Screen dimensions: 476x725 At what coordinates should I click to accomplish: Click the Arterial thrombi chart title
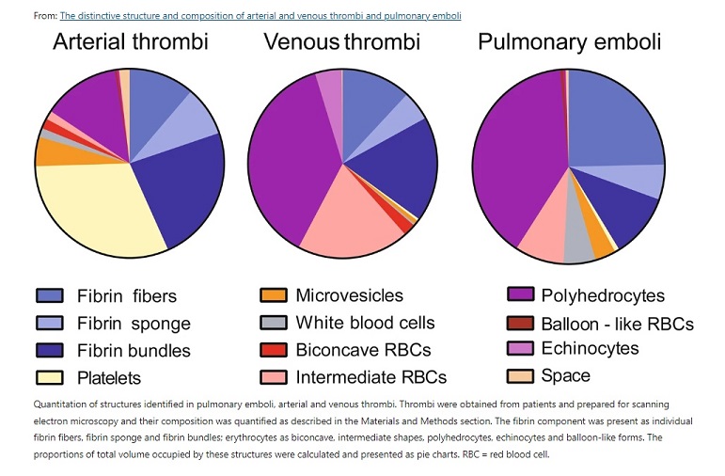coord(130,42)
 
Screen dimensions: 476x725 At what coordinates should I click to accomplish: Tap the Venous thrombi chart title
coord(341,42)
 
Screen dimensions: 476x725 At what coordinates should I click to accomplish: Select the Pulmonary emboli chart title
coord(569,42)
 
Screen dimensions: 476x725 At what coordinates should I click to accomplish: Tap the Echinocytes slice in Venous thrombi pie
coord(329,85)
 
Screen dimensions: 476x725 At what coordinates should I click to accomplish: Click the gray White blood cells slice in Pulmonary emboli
coord(577,243)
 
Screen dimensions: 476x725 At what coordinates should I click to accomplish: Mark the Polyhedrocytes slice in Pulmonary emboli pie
coord(517,160)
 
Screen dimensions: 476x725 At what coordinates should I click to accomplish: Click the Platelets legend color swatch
coord(49,377)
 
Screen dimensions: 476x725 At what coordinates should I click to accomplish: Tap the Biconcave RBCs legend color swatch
coord(274,350)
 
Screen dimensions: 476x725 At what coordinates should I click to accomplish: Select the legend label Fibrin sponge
coord(134,324)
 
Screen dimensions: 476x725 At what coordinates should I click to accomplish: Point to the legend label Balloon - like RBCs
coord(617,324)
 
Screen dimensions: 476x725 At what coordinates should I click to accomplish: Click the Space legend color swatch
coord(520,376)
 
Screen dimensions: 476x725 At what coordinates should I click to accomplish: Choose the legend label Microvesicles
coord(349,296)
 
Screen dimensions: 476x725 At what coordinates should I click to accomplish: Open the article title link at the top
coord(260,16)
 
